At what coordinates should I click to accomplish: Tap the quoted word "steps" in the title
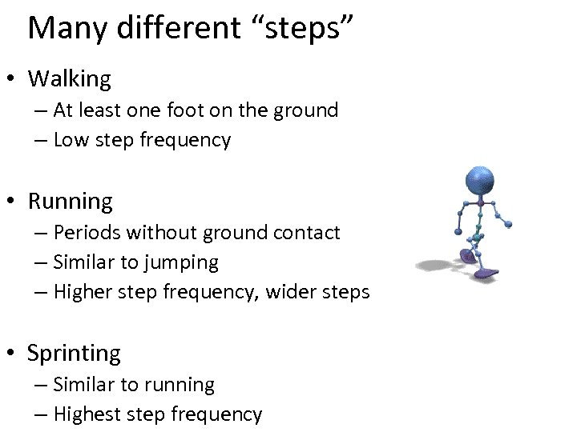point(301,28)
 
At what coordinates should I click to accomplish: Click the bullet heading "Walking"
point(70,78)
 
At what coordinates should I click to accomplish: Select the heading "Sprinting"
point(74,354)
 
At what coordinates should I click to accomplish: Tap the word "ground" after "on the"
point(308,110)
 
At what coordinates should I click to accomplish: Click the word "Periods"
point(87,232)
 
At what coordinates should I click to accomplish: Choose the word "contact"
point(309,232)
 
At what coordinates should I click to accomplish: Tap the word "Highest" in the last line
point(89,414)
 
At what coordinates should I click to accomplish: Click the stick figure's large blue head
point(480,182)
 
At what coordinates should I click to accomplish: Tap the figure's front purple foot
point(485,274)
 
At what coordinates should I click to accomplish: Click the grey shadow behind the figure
point(437,265)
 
